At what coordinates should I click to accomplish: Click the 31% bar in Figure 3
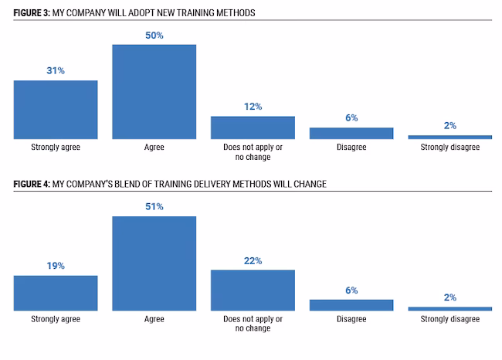click(x=56, y=109)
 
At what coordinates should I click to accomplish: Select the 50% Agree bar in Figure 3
click(x=154, y=91)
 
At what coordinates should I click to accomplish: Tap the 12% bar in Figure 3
click(x=253, y=127)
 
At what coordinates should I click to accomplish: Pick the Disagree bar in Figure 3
click(x=351, y=133)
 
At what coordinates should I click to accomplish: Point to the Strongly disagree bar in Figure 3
click(x=450, y=137)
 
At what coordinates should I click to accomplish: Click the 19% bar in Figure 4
click(x=56, y=293)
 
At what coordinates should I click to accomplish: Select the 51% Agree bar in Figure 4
click(x=154, y=263)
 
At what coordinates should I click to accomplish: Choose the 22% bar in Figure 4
click(x=253, y=290)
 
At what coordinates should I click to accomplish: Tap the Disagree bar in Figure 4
click(x=351, y=304)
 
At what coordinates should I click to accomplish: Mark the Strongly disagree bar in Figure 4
click(x=450, y=308)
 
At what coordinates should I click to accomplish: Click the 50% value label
click(x=154, y=36)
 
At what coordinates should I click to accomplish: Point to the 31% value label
click(x=56, y=71)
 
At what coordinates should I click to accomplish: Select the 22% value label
click(x=253, y=261)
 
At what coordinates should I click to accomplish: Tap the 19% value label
click(x=56, y=266)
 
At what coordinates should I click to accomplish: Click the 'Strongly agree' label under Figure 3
click(x=56, y=147)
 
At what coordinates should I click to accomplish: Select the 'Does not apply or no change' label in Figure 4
click(x=253, y=323)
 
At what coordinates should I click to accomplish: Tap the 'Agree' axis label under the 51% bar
click(x=154, y=318)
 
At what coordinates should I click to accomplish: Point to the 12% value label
click(x=253, y=107)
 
